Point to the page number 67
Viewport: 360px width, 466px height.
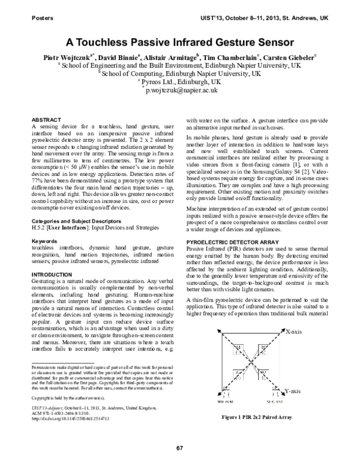point(179,448)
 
